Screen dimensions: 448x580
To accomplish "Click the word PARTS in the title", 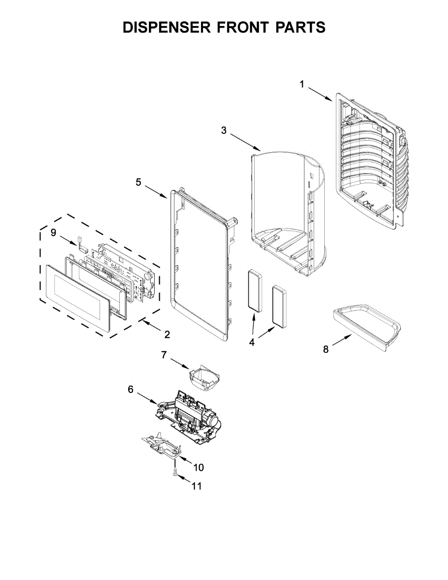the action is (x=300, y=28).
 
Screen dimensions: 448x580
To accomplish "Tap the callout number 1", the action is (x=302, y=85).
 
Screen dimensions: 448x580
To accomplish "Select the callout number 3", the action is (x=224, y=130).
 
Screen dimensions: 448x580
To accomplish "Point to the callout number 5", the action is (x=138, y=182).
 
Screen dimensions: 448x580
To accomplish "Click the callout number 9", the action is (x=53, y=233).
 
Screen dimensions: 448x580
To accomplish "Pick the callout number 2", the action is (x=167, y=334).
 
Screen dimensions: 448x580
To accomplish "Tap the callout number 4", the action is (x=252, y=342).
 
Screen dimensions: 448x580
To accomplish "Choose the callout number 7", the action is (x=164, y=355).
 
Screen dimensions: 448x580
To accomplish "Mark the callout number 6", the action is (x=130, y=389).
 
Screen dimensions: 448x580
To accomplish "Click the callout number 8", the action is (x=326, y=349).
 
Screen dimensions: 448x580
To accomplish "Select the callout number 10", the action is (x=199, y=467).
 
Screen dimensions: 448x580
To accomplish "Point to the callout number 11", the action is (x=196, y=486).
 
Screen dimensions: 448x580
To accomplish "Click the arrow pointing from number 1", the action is (x=318, y=93).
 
